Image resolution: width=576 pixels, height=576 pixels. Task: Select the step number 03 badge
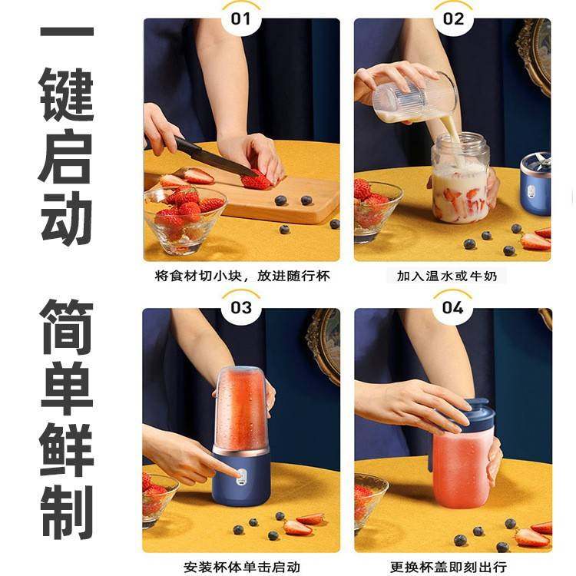[241, 307]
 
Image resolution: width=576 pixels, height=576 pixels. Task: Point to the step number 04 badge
[452, 307]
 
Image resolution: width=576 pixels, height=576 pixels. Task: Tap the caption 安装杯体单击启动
[241, 567]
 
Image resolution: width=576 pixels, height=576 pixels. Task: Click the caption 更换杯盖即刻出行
[452, 567]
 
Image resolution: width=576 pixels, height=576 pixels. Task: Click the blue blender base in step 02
[535, 188]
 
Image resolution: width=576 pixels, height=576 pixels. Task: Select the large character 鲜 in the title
[67, 448]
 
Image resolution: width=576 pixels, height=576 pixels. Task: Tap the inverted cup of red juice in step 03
[241, 407]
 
